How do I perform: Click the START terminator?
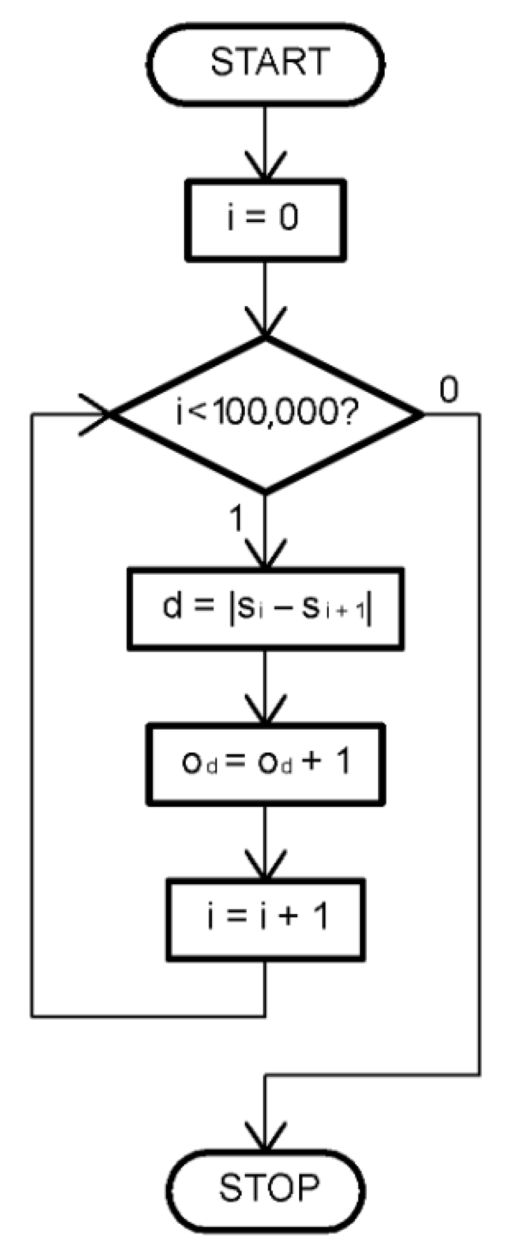(x=265, y=62)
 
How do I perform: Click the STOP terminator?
(x=266, y=1187)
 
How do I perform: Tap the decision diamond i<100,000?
(x=266, y=414)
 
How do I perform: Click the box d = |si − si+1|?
(x=265, y=608)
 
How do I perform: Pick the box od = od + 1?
(x=265, y=764)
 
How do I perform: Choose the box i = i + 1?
(x=265, y=920)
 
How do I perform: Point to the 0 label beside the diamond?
(x=449, y=391)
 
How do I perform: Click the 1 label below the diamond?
(x=237, y=519)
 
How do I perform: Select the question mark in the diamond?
(x=346, y=414)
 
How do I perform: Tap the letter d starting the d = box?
(x=172, y=606)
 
